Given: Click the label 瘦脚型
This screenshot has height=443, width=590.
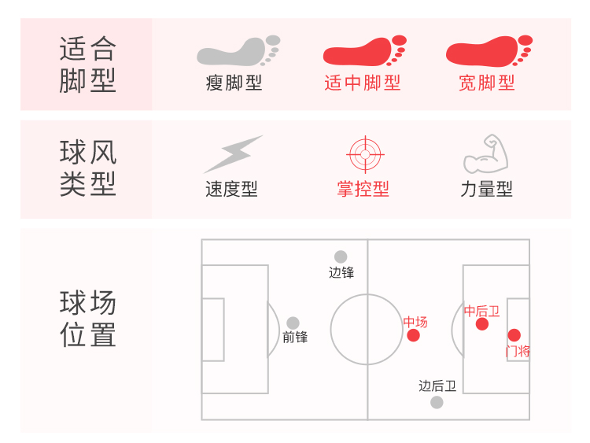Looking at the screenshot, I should tap(234, 83).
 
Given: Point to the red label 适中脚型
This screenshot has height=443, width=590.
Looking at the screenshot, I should tap(363, 83).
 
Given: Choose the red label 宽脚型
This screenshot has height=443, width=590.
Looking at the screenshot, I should tap(487, 83).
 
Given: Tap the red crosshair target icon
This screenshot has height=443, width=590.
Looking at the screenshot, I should tap(363, 154).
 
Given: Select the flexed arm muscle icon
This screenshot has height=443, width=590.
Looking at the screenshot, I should tap(486, 154).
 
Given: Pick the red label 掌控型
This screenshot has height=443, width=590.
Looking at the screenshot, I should tap(363, 189).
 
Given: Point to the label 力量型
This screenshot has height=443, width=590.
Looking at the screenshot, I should tap(486, 189).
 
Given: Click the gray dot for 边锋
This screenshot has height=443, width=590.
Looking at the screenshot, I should tap(341, 257).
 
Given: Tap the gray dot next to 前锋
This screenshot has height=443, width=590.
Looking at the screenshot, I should tap(293, 323).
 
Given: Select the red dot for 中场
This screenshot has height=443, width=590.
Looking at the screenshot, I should tap(414, 336).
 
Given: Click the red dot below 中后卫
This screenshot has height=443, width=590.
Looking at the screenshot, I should tap(482, 324).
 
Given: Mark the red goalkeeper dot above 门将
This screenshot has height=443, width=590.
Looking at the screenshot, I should tap(514, 335).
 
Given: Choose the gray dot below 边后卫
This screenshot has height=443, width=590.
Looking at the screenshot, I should tap(437, 402).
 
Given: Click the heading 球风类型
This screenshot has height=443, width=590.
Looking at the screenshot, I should tap(87, 168).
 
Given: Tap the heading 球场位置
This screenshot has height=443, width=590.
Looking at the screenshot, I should tap(87, 319).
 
